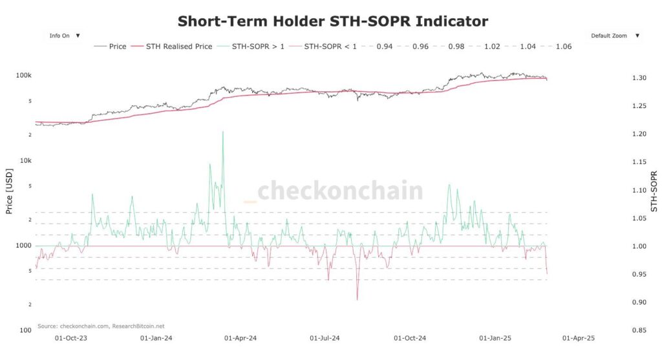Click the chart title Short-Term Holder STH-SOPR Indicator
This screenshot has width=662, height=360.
pyautogui.click(x=333, y=21)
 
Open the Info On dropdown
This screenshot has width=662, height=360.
pyautogui.click(x=65, y=36)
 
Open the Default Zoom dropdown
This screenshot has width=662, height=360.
pyautogui.click(x=615, y=36)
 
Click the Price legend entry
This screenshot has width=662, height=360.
pyautogui.click(x=111, y=47)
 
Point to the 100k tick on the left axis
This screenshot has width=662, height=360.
pyautogui.click(x=24, y=76)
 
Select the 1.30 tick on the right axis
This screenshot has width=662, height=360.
pyautogui.click(x=639, y=78)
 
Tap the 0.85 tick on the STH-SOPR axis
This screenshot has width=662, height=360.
pyautogui.click(x=639, y=331)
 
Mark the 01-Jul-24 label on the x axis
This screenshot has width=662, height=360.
pyautogui.click(x=326, y=338)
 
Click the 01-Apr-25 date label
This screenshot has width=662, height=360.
pyautogui.click(x=578, y=338)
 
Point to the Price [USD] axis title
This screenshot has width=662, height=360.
pyautogui.click(x=9, y=192)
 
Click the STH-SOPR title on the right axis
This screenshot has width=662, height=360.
pyautogui.click(x=654, y=192)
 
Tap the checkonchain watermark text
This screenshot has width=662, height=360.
pyautogui.click(x=340, y=191)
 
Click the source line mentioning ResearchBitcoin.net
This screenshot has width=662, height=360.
pyautogui.click(x=101, y=326)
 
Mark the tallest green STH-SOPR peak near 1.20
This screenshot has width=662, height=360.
pyautogui.click(x=222, y=132)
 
